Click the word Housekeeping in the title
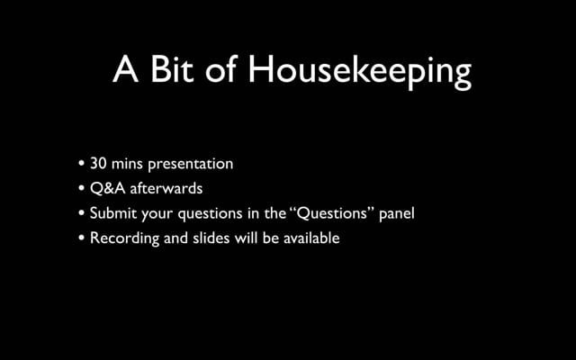pos(360,72)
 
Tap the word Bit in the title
pos(172,69)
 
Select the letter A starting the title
pos(126,69)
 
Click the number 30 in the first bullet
pos(98,164)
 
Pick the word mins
pos(127,164)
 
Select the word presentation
pos(190,165)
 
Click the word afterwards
pos(166,188)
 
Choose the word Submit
pos(112,213)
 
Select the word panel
pos(397,214)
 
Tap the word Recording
pos(124,238)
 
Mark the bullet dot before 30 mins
pos(82,164)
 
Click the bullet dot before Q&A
pos(82,188)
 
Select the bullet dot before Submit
pos(82,213)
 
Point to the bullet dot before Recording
pos(82,238)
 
